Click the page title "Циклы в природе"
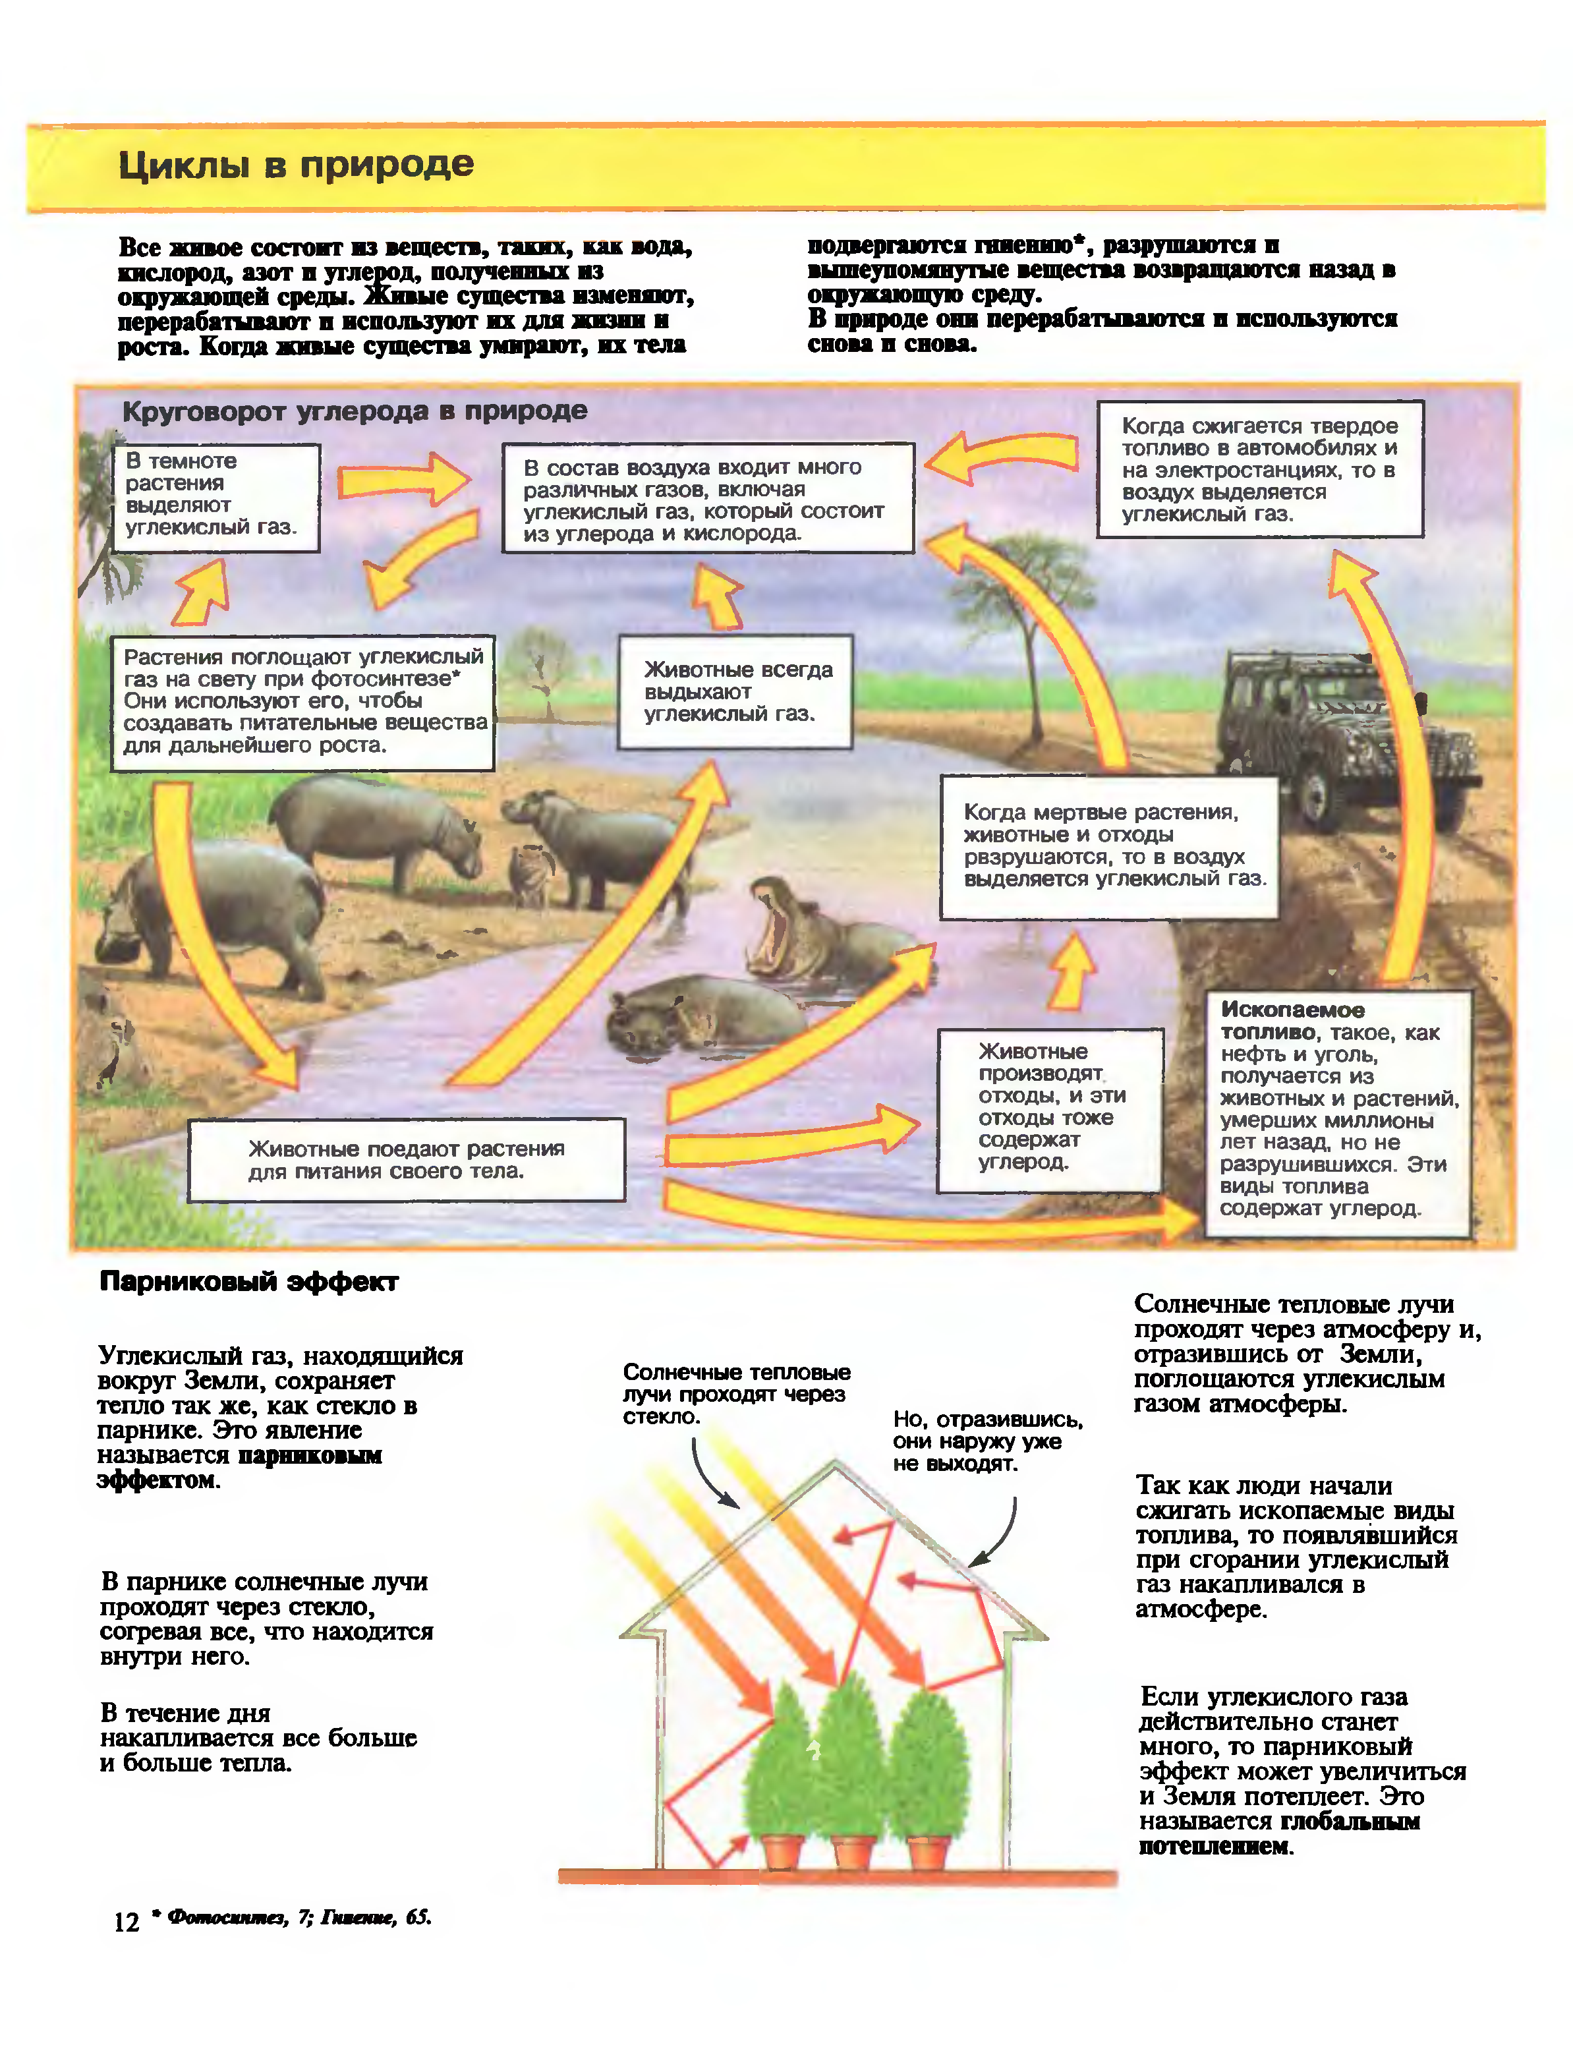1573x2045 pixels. click(296, 165)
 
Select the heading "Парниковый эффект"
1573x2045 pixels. click(249, 1282)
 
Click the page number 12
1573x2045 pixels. click(127, 1922)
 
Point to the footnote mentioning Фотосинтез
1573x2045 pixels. click(298, 1918)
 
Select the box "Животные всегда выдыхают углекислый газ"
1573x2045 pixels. click(734, 692)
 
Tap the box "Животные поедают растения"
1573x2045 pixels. click(407, 1159)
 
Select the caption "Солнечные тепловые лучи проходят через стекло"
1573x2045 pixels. click(736, 1395)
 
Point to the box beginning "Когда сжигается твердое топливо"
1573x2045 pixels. click(1259, 469)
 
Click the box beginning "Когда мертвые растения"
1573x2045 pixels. click(1108, 846)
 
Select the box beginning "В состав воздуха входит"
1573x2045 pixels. click(707, 499)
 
